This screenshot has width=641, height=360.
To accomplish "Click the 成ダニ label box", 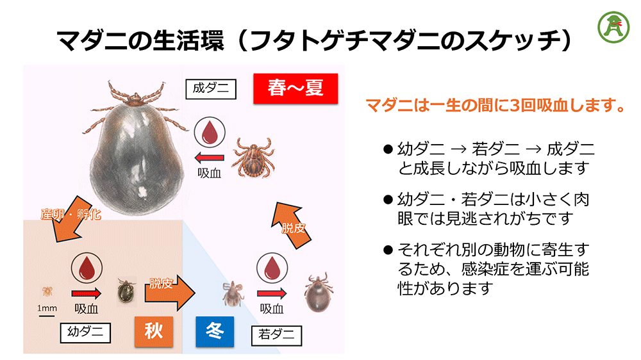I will tap(210, 88).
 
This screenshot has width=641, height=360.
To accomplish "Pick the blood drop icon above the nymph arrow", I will tap(272, 268).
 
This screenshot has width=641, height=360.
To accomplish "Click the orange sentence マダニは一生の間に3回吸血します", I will tap(494, 104).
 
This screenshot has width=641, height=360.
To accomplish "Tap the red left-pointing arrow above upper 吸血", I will tap(210, 158).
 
